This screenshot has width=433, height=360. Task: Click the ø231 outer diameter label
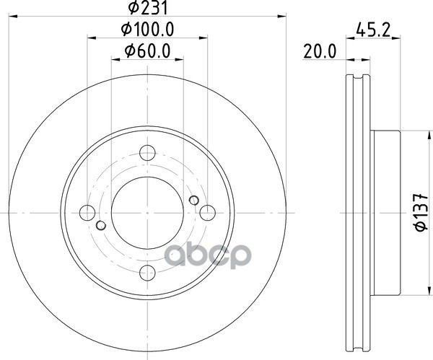click(148, 8)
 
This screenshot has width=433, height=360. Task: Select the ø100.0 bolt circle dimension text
click(147, 30)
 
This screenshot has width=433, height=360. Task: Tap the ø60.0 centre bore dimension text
click(147, 51)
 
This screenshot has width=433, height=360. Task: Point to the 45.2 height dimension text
click(373, 30)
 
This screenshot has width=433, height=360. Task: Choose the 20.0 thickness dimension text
click(320, 52)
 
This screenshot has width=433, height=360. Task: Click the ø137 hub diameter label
click(421, 213)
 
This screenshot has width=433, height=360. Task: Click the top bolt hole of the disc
click(147, 153)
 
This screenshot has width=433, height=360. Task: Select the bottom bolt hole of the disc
click(148, 273)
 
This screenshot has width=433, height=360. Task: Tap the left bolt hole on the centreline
click(87, 213)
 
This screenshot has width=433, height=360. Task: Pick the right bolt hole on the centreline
click(207, 213)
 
